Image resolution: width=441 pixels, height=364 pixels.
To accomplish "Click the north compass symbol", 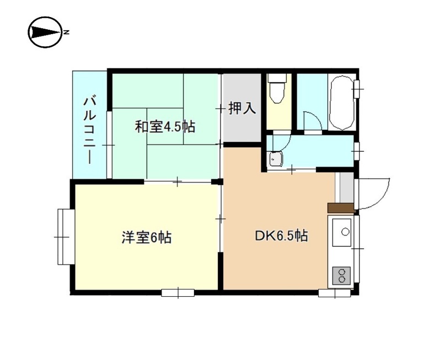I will (44, 33).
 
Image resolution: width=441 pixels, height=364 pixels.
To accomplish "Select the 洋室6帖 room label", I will (146, 238).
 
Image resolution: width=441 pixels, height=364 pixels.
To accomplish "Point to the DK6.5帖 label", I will (281, 237).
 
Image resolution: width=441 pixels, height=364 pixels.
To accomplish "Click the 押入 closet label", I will (242, 108).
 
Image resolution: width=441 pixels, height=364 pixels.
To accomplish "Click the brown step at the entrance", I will (340, 208).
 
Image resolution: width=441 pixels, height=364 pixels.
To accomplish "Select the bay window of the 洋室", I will (64, 236).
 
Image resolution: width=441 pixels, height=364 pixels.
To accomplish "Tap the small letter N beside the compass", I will (66, 33).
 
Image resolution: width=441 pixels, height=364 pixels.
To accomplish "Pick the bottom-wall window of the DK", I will (334, 293).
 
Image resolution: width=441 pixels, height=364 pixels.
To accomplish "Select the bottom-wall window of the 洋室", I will (178, 292).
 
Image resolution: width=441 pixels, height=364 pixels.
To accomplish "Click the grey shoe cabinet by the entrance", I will (346, 188).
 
